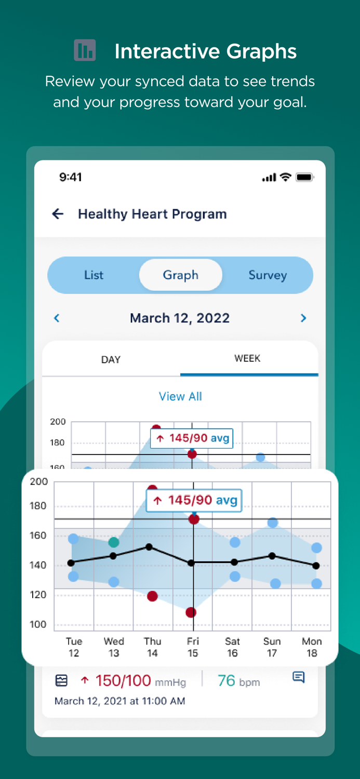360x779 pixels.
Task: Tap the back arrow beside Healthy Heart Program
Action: (x=58, y=214)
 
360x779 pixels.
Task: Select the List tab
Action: (x=94, y=275)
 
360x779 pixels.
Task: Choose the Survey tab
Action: (x=268, y=275)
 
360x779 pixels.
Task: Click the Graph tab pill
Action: (x=180, y=275)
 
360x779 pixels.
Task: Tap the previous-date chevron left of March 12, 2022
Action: (x=57, y=318)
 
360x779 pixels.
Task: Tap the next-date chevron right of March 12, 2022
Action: (x=303, y=318)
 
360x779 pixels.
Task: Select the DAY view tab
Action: (x=111, y=359)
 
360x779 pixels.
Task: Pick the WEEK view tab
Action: (x=247, y=358)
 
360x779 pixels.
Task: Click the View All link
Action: (x=180, y=396)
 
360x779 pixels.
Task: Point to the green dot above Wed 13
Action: (x=114, y=542)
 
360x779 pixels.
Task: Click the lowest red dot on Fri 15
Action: (x=191, y=612)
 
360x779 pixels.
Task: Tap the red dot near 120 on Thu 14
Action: (x=152, y=596)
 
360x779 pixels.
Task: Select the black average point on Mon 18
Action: (x=316, y=566)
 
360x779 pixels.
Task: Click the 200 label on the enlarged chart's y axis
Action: (x=39, y=481)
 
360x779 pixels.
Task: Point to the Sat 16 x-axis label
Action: (x=232, y=647)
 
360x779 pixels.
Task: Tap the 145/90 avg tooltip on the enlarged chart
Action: (x=194, y=500)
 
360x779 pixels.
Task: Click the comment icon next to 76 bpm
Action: (x=299, y=677)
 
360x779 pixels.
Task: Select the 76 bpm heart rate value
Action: (x=238, y=681)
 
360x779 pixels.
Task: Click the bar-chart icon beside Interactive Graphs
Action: (x=85, y=50)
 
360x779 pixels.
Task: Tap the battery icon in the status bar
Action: (x=304, y=178)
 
